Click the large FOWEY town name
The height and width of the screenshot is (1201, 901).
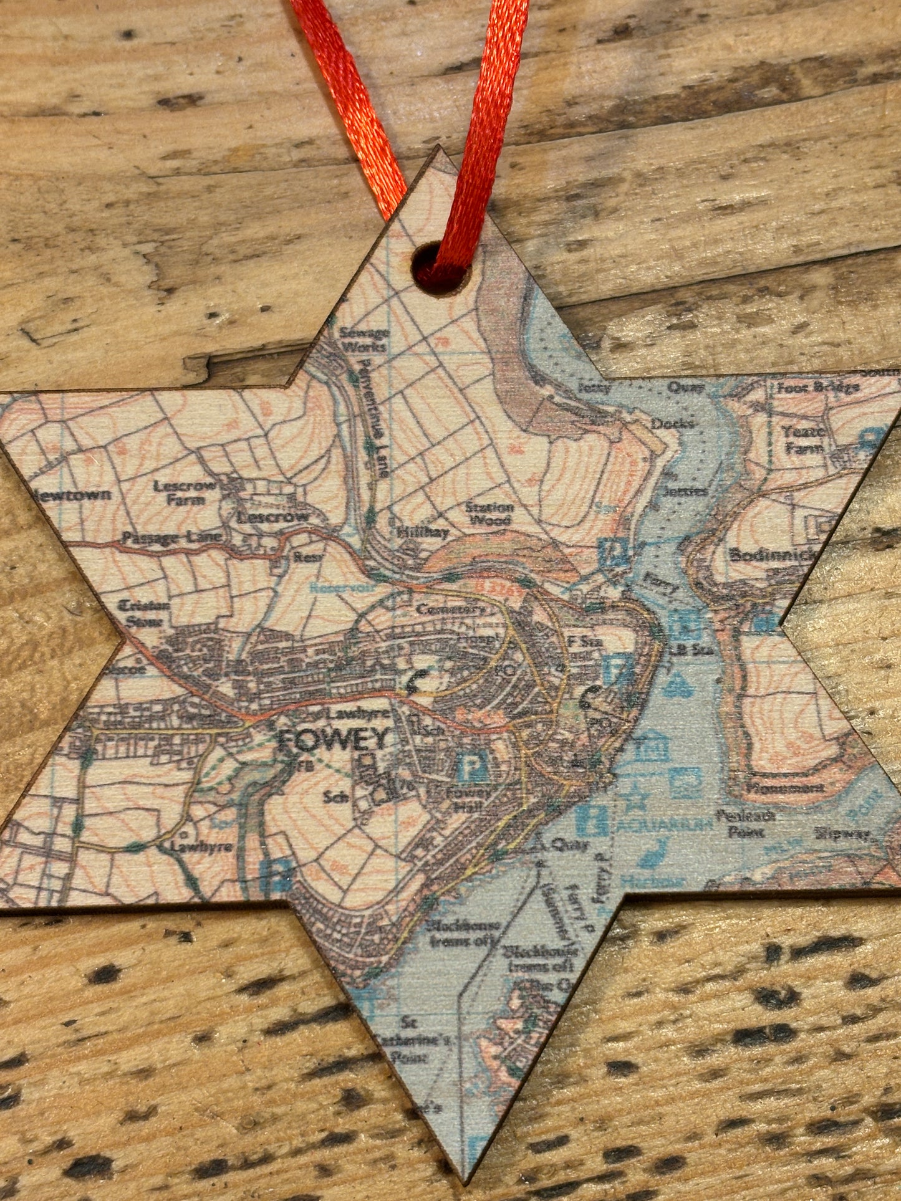click(x=332, y=741)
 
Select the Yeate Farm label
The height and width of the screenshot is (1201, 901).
click(x=804, y=439)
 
